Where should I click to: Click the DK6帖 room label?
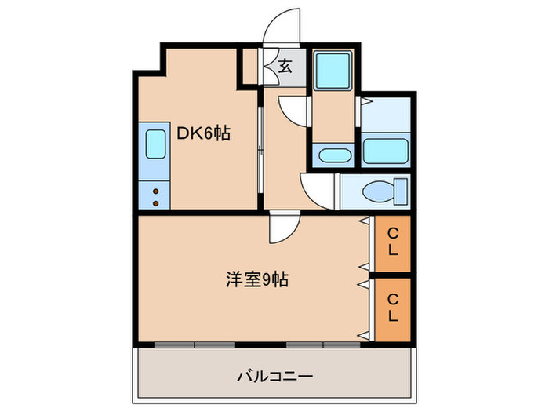[x=202, y=134]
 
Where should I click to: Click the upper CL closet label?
[x=393, y=241]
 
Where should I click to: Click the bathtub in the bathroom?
[x=385, y=150]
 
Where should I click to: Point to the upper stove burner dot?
[x=155, y=191]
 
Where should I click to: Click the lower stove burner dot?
[x=155, y=202]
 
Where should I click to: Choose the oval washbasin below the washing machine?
[x=335, y=154]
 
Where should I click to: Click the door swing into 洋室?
[x=282, y=228]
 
